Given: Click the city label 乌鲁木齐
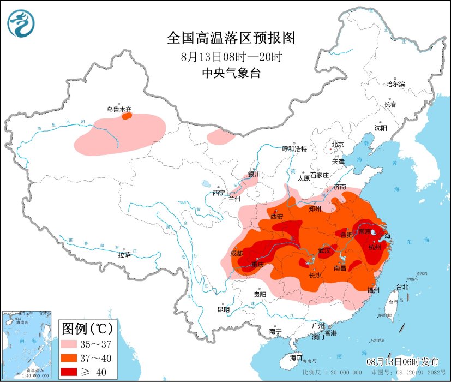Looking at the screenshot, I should pos(119,109).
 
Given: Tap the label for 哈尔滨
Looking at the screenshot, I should pos(395,84).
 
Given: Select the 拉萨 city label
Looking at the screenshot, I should pos(124,255).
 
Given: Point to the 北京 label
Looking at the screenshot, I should pos(338,145).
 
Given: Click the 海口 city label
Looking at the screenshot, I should pos(296,357).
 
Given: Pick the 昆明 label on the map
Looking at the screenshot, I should pos(224,309).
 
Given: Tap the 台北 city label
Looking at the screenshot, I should pos(402,286).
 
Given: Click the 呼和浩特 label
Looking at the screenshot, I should pos(294,148).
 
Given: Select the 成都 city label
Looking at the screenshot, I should pos(237,253).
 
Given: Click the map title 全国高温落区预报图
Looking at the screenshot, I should pos(231,38).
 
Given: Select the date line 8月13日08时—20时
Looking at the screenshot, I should pos(231,56).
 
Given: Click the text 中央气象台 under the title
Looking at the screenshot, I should pos(231,74).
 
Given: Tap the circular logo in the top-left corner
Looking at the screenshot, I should pos(21,23).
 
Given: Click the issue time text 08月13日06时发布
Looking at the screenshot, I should pos(402,362).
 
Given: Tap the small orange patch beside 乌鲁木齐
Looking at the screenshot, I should pos(127,116).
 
